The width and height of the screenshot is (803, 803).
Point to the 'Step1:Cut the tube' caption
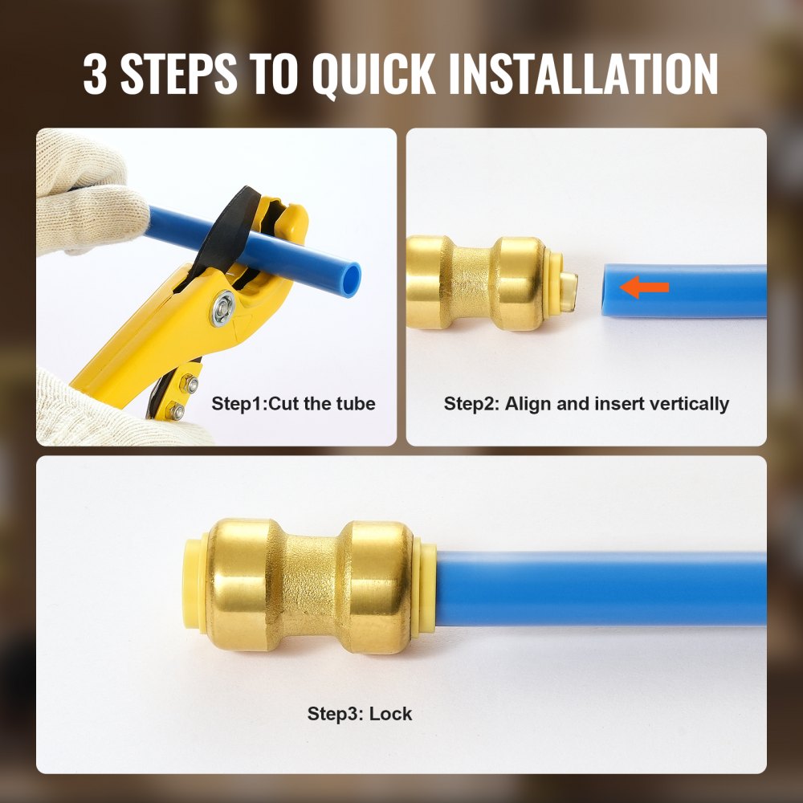pyautogui.click(x=293, y=403)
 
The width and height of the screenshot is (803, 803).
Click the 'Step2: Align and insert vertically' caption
pyautogui.click(x=586, y=403)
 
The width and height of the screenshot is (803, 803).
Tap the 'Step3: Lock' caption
pyautogui.click(x=359, y=713)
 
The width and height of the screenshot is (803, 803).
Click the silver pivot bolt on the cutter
pyautogui.click(x=223, y=308)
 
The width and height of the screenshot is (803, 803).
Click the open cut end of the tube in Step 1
pyautogui.click(x=351, y=277)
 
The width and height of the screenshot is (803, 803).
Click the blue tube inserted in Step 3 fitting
pyautogui.click(x=602, y=588)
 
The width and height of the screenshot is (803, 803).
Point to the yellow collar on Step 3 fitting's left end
pyautogui.click(x=195, y=577)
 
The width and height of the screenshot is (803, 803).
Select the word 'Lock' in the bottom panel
pyautogui.click(x=391, y=713)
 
